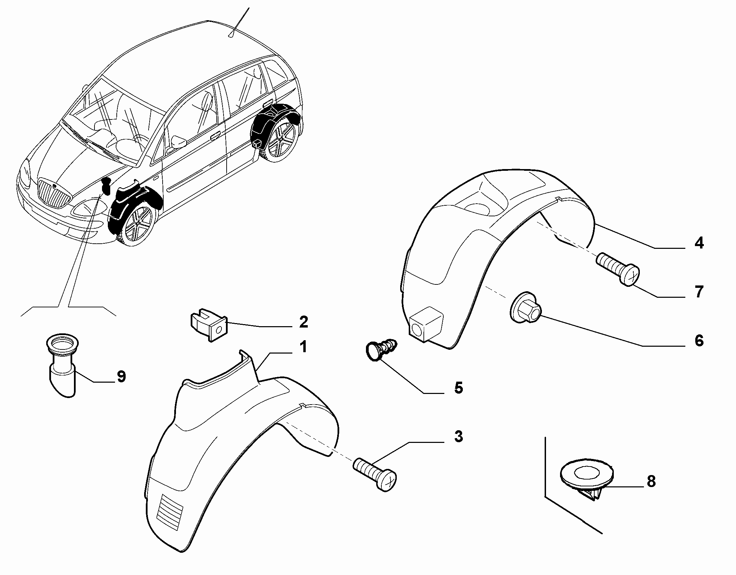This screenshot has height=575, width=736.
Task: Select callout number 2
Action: coord(303,322)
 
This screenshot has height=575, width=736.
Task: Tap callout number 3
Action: coord(458,437)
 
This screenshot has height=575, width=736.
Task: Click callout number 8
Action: coord(651,481)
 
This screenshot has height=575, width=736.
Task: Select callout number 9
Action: coord(121,376)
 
